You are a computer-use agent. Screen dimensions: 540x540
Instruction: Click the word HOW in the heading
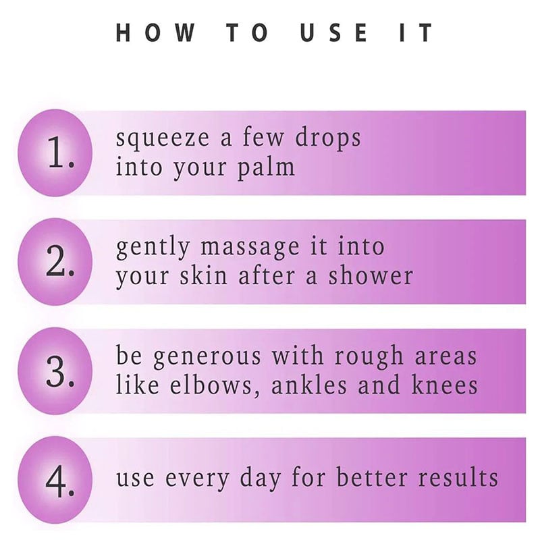pyautogui.click(x=155, y=32)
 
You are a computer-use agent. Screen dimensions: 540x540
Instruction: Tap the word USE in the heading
pyautogui.click(x=333, y=32)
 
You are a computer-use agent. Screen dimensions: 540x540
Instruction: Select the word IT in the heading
pyautogui.click(x=416, y=32)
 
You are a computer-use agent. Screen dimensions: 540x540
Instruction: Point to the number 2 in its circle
pyautogui.click(x=59, y=261)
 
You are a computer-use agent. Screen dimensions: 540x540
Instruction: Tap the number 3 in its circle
pyautogui.click(x=59, y=371)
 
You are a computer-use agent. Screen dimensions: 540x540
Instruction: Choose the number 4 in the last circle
pyautogui.click(x=59, y=481)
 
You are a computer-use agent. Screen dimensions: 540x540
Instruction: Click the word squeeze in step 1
pyautogui.click(x=162, y=138)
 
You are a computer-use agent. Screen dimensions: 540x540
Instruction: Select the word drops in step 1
pyautogui.click(x=328, y=137)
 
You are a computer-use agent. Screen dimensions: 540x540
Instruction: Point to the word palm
pyautogui.click(x=266, y=167)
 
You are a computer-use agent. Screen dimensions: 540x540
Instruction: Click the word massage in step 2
pyautogui.click(x=250, y=248)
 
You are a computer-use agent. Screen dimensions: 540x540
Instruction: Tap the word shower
pyautogui.click(x=370, y=275)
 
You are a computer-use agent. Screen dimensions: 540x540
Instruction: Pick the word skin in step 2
pyautogui.click(x=203, y=275)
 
